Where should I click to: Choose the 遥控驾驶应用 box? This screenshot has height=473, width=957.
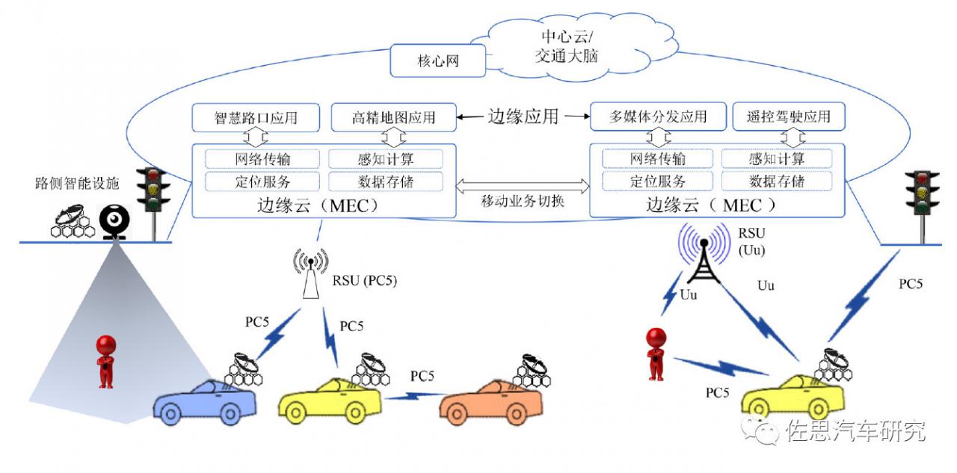click(788, 117)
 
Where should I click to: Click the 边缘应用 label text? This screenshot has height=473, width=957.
click(523, 117)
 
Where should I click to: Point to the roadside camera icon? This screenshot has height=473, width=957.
click(115, 220)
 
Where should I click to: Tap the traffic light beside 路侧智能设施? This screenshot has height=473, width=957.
click(154, 191)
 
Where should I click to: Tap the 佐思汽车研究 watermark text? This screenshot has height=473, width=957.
click(856, 431)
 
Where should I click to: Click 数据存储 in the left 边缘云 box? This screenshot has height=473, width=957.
click(386, 182)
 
